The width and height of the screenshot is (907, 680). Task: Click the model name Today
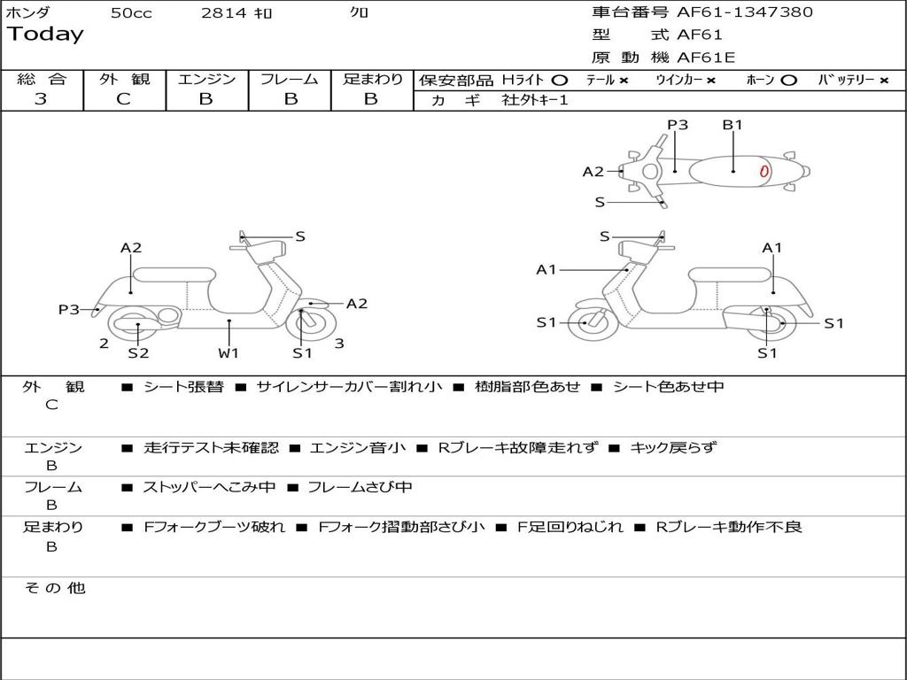[x=45, y=35]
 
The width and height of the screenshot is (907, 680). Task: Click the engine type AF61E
[x=706, y=58]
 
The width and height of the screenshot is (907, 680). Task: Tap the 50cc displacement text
[x=131, y=13]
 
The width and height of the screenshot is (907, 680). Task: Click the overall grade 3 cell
[x=41, y=99]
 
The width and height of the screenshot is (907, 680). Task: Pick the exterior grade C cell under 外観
[x=123, y=99]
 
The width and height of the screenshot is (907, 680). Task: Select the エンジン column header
[x=206, y=79]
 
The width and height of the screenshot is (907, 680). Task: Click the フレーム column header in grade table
[x=289, y=79]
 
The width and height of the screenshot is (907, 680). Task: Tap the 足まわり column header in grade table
[x=372, y=79]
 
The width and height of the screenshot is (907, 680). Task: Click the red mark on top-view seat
[x=764, y=172]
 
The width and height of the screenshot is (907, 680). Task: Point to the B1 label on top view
[x=733, y=125]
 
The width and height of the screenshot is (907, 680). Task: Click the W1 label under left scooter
[x=229, y=353]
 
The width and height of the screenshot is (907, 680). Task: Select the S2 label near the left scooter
[x=138, y=353]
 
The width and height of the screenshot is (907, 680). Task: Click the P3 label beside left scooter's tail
[x=69, y=309]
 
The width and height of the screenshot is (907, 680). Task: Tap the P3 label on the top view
[x=678, y=125]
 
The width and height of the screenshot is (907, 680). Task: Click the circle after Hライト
[x=559, y=80]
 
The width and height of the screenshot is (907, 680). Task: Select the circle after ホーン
[x=788, y=80]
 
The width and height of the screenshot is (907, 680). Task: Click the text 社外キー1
[x=535, y=100]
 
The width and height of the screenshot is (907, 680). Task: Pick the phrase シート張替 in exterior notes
[x=183, y=387]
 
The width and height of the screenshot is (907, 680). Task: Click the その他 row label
[x=55, y=588]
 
